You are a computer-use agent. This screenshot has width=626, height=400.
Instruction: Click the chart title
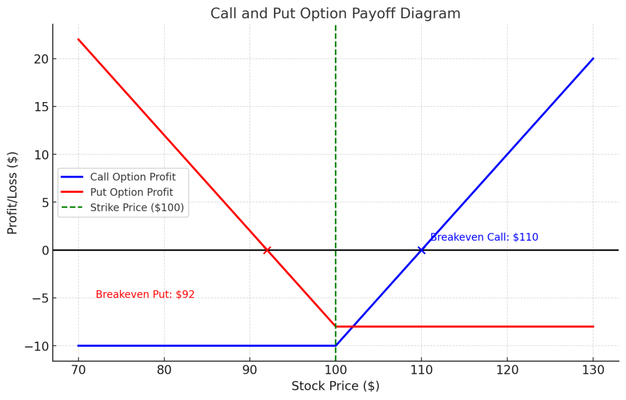pos(335,13)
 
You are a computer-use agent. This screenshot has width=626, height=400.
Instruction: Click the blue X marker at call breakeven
pos(421,250)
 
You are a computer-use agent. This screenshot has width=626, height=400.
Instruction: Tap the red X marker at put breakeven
pos(267,250)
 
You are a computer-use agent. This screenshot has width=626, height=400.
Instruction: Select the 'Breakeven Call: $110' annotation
pos(484,237)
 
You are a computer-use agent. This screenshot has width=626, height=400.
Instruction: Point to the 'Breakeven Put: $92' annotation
pos(145,294)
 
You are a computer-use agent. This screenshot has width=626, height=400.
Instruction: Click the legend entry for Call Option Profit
pos(133,177)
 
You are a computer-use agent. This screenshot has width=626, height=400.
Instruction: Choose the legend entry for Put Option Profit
pos(131,192)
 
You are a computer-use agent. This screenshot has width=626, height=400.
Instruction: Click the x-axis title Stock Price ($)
pos(335,386)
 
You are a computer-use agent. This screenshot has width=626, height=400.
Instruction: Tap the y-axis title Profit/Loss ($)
pos(13,192)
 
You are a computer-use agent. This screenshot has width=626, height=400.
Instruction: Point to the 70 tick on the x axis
pos(78,370)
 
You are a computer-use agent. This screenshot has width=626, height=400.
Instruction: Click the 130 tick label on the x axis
pos(593,370)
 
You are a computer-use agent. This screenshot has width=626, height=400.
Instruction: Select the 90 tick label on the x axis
pos(249,370)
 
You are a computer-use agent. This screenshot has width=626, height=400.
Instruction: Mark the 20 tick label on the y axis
pos(40,59)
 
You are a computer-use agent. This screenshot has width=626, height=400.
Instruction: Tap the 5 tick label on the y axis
pos(43,202)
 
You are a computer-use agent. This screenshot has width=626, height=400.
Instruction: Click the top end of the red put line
pos(78,40)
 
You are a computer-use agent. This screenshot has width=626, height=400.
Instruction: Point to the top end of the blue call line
pos(593,59)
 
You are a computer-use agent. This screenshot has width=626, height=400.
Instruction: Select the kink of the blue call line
pos(336,346)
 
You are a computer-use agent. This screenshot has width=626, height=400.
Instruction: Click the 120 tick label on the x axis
pos(507,370)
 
